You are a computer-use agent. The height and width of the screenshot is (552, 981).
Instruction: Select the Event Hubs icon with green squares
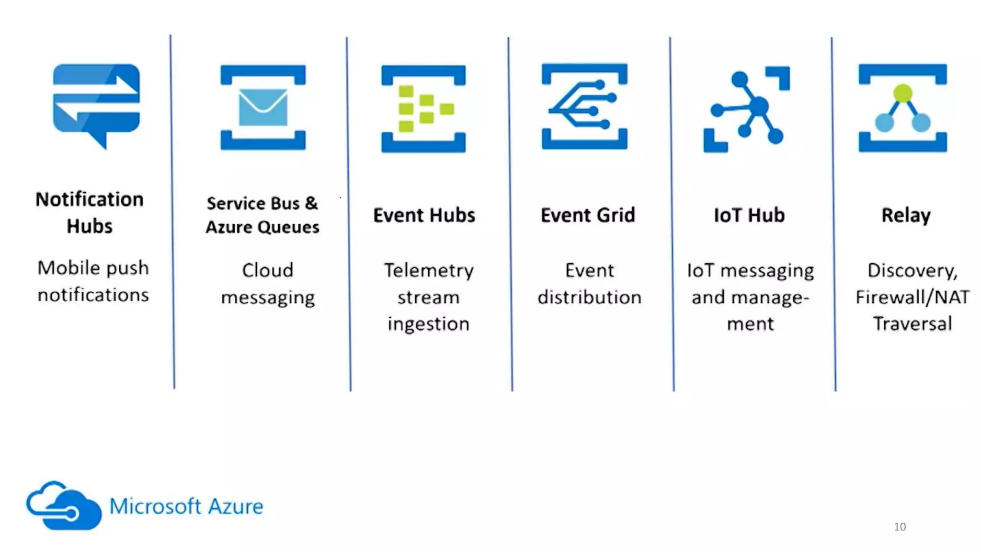(423, 109)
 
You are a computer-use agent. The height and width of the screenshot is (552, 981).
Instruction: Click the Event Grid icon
(584, 106)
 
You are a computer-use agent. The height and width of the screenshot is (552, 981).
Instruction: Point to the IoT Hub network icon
(747, 109)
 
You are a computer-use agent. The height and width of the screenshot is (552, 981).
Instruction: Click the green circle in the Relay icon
(903, 93)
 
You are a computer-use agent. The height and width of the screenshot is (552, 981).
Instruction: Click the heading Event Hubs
(424, 215)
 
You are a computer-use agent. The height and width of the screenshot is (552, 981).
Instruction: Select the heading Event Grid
(588, 215)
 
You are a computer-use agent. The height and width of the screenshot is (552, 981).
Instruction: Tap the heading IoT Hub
(749, 215)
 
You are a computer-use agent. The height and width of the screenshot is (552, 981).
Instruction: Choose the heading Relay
(906, 216)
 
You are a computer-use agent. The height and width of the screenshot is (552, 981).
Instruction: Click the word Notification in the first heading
(90, 199)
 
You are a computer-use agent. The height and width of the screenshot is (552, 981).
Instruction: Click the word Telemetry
(429, 271)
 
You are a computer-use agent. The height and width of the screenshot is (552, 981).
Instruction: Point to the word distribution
(589, 298)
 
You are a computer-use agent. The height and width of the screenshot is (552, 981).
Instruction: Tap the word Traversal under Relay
(913, 324)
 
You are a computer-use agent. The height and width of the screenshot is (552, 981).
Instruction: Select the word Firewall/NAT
(913, 298)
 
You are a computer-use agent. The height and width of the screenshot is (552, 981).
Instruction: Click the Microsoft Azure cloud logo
(64, 506)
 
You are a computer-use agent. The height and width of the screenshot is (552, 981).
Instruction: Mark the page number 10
(900, 527)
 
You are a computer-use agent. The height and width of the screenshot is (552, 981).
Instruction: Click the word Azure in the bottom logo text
(235, 506)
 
